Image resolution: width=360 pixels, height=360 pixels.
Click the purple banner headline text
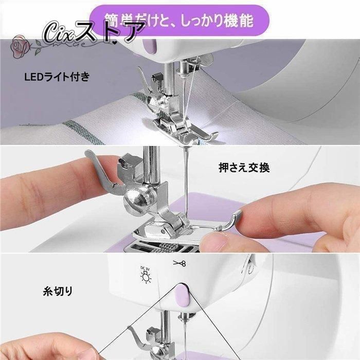[179, 20]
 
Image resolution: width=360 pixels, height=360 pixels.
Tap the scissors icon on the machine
[179, 263]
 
